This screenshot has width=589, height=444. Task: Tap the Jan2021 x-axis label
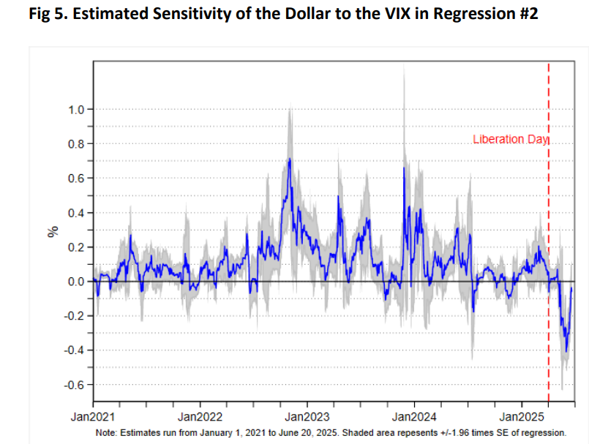[93, 419]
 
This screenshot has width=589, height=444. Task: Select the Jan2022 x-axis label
[200, 419]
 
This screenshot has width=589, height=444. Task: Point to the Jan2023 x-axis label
[307, 419]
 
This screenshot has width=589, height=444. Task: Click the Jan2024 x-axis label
[414, 419]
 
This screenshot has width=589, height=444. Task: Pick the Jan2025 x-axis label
[521, 419]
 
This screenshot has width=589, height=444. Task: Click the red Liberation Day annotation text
[510, 140]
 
